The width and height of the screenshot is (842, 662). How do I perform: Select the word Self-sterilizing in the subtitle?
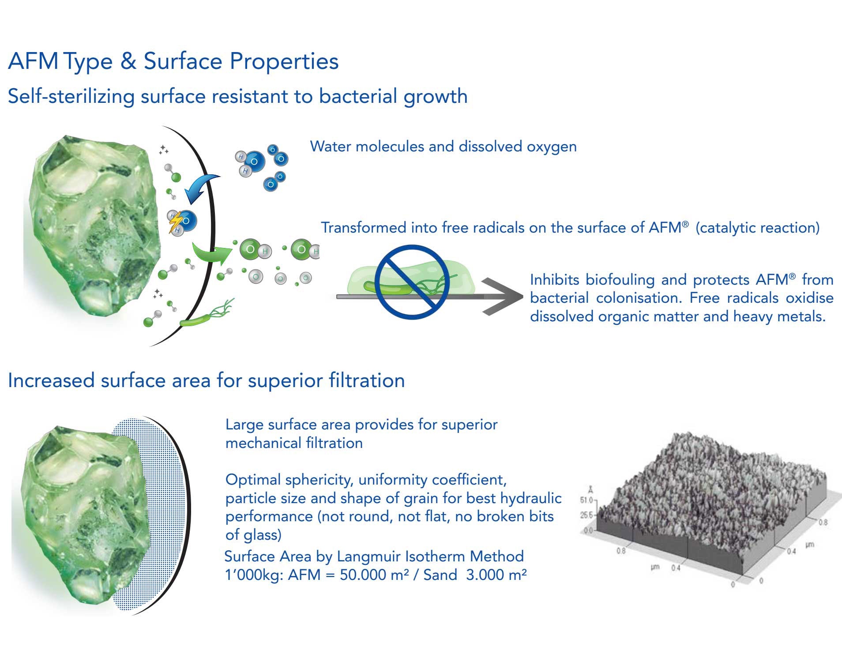tap(71, 97)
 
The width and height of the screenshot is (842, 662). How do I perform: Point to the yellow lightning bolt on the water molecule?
tap(176, 222)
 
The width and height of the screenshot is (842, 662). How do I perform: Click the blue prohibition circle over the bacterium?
tap(412, 282)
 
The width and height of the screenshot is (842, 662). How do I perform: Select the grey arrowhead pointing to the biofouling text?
tap(503, 297)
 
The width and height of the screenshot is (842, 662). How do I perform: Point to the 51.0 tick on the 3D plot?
tap(586, 500)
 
